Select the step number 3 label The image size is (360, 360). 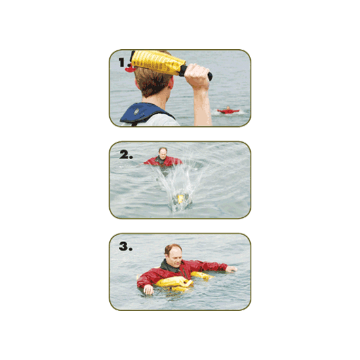pyautogui.click(x=124, y=247)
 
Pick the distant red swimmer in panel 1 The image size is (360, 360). pyautogui.click(x=227, y=111)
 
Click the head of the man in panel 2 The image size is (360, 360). pyautogui.click(x=162, y=153)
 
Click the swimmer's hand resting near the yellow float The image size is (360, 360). pyautogui.click(x=148, y=289)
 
